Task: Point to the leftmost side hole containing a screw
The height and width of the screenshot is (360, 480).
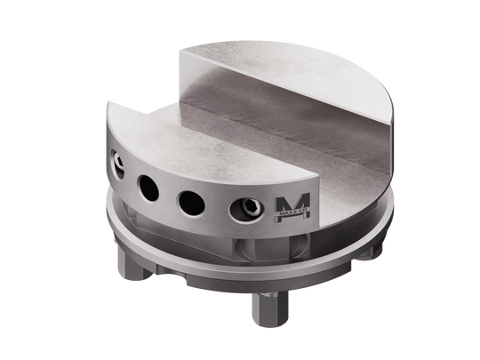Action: coord(116,165)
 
